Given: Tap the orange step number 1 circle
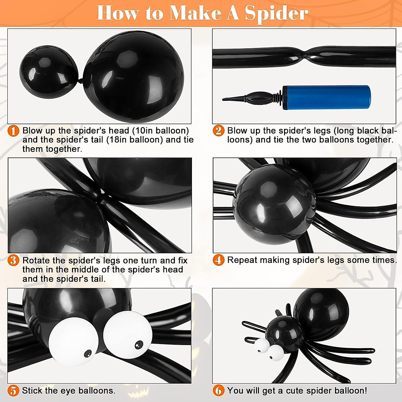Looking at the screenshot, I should click(13, 131).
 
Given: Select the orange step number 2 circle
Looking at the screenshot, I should click(218, 131).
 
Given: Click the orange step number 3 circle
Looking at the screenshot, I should click(13, 260).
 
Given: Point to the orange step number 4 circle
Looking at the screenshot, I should click(218, 260).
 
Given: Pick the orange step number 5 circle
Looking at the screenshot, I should click(13, 391).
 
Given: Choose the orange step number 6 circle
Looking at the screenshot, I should click(218, 391).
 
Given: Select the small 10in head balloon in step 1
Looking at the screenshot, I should click(49, 72).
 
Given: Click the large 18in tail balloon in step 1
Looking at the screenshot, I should click(134, 77).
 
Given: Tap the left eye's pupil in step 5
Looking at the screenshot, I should click(87, 353).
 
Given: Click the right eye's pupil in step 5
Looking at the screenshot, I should click(139, 344).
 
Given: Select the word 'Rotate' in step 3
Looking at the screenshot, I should click(36, 260).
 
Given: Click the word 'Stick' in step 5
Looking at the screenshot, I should click(31, 391).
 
